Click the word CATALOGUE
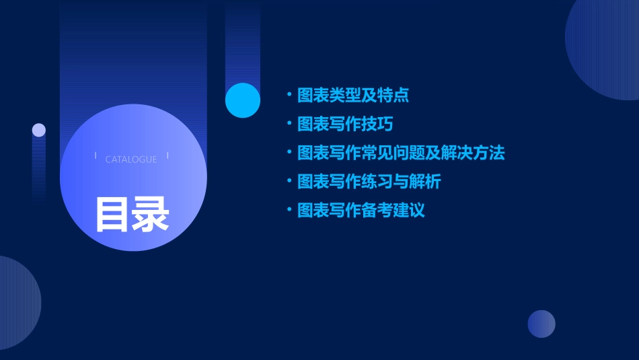(x=131, y=159)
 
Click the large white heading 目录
(x=132, y=214)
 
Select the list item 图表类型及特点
(x=353, y=95)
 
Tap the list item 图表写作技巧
(x=345, y=124)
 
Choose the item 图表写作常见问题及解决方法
(x=401, y=153)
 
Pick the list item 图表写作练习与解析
(x=369, y=182)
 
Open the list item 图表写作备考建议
(x=361, y=211)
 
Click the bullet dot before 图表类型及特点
(x=289, y=95)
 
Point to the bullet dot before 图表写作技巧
(x=289, y=124)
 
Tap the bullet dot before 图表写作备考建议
(x=289, y=211)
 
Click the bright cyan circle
(x=243, y=100)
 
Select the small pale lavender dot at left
(x=39, y=130)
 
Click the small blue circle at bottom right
(x=541, y=324)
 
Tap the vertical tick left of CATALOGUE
(x=96, y=155)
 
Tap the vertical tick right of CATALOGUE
(x=167, y=155)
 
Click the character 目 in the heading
(x=112, y=214)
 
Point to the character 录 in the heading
(x=151, y=214)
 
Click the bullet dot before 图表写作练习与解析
(x=289, y=182)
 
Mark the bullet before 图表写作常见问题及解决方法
(x=289, y=153)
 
